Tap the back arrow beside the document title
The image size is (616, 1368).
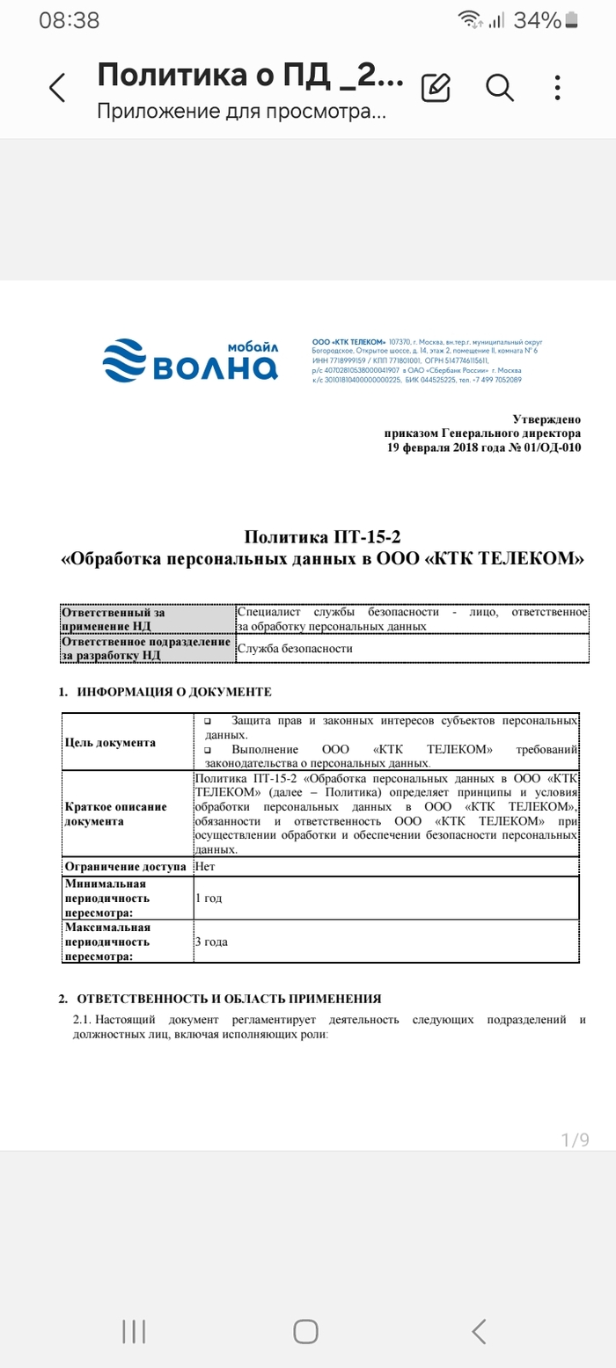click(57, 88)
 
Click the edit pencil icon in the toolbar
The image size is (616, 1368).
click(436, 87)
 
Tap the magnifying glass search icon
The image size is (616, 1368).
click(499, 87)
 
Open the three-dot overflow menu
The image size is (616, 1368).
click(558, 87)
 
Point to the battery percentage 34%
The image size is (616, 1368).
click(537, 20)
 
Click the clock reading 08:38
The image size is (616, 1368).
click(70, 20)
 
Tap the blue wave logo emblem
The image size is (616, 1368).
click(127, 361)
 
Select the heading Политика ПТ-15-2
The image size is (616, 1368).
click(323, 536)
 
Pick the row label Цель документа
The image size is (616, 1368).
click(110, 742)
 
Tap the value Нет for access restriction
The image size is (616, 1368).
click(205, 866)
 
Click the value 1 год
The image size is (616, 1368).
click(211, 899)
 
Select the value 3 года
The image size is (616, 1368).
click(212, 942)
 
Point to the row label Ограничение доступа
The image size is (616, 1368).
click(127, 866)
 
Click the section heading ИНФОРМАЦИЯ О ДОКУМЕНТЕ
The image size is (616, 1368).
click(174, 692)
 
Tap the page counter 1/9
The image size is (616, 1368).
click(575, 1140)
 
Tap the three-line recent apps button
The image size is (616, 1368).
click(134, 1331)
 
